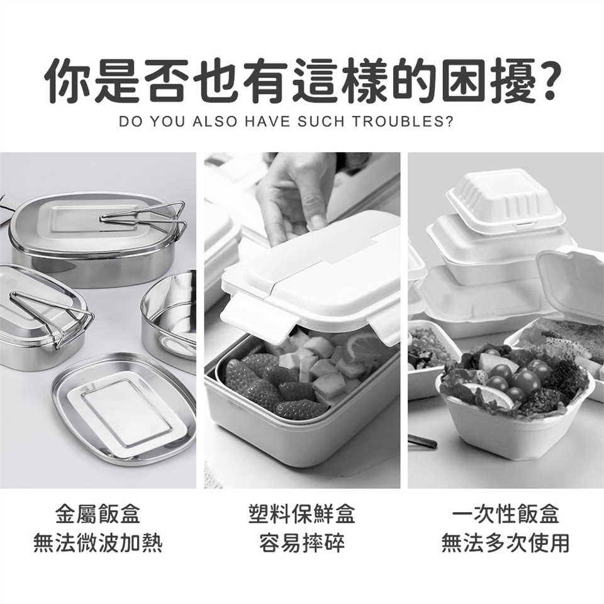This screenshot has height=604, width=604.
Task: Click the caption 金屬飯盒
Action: click(x=98, y=514)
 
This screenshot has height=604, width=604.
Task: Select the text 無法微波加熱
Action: click(x=98, y=543)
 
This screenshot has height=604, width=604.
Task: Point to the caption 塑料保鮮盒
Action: click(x=301, y=514)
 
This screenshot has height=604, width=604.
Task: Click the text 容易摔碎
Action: click(x=301, y=543)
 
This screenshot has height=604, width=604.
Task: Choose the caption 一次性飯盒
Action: click(x=505, y=514)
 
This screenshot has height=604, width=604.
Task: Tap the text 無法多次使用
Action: click(x=505, y=543)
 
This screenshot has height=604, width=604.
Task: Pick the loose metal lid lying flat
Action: click(x=124, y=408)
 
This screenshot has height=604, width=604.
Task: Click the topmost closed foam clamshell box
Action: click(x=505, y=202)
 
